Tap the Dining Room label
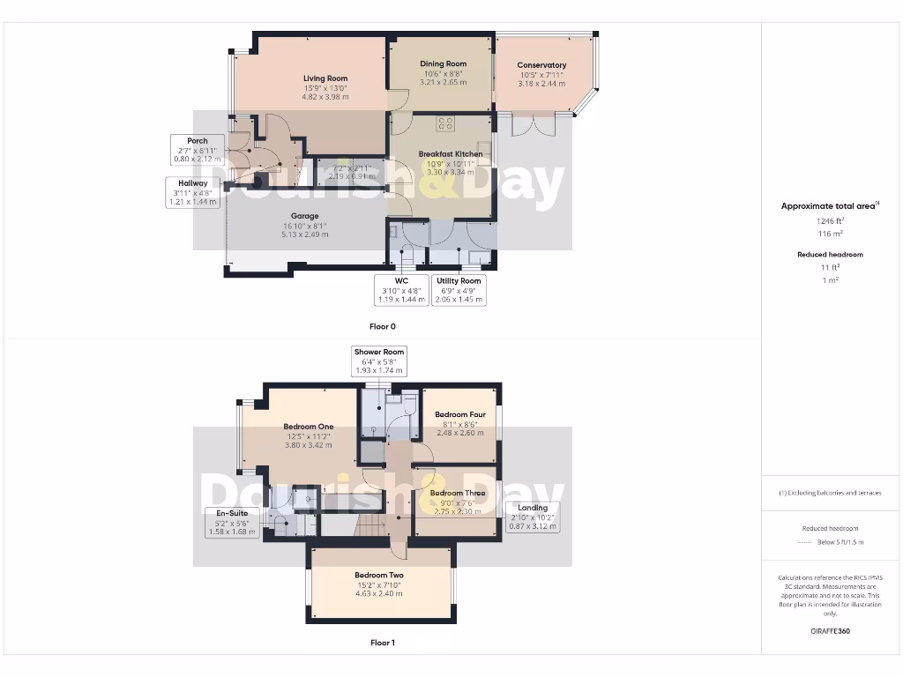(443, 63)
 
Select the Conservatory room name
(541, 65)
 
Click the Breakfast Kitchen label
(451, 154)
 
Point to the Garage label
(305, 216)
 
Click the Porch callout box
(198, 150)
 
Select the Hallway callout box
(192, 192)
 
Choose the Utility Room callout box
(459, 290)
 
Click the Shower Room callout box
(379, 361)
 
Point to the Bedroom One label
(308, 427)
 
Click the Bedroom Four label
(459, 414)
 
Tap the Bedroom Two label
(379, 576)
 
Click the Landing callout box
(533, 517)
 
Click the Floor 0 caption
(383, 326)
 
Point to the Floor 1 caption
(383, 643)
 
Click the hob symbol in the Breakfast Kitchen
(444, 124)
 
